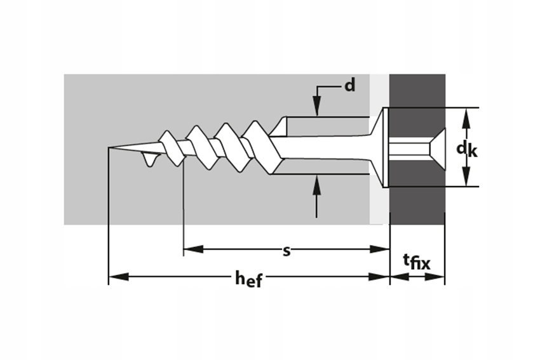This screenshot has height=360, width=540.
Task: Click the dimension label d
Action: pyautogui.click(x=349, y=84)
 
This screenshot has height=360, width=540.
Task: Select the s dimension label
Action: pyautogui.click(x=287, y=251)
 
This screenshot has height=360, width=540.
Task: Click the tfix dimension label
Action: pyautogui.click(x=417, y=262)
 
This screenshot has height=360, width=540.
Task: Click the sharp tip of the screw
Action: pyautogui.click(x=109, y=147)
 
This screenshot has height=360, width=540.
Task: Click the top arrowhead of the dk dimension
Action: pyautogui.click(x=466, y=118)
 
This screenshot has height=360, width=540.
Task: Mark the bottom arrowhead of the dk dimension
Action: pyautogui.click(x=466, y=176)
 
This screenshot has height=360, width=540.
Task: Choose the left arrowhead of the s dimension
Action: pyautogui.click(x=193, y=249)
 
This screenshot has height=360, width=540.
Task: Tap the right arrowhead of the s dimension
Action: pyautogui.click(x=379, y=249)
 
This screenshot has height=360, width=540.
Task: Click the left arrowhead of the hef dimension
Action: pyautogui.click(x=119, y=277)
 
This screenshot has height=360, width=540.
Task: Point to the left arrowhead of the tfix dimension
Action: pyautogui.click(x=400, y=277)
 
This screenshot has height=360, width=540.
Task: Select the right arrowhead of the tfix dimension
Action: pyautogui.click(x=435, y=277)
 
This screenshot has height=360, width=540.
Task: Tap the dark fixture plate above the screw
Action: pyautogui.click(x=417, y=90)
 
